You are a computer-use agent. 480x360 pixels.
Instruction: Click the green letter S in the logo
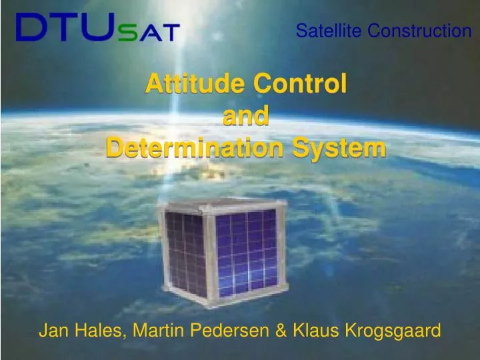[125, 33]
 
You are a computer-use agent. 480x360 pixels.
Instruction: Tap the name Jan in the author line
[52, 331]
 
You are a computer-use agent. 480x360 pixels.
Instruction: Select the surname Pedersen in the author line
[225, 331]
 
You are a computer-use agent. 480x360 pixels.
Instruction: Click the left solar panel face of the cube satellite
[185, 252]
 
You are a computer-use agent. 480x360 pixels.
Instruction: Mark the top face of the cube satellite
[220, 203]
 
